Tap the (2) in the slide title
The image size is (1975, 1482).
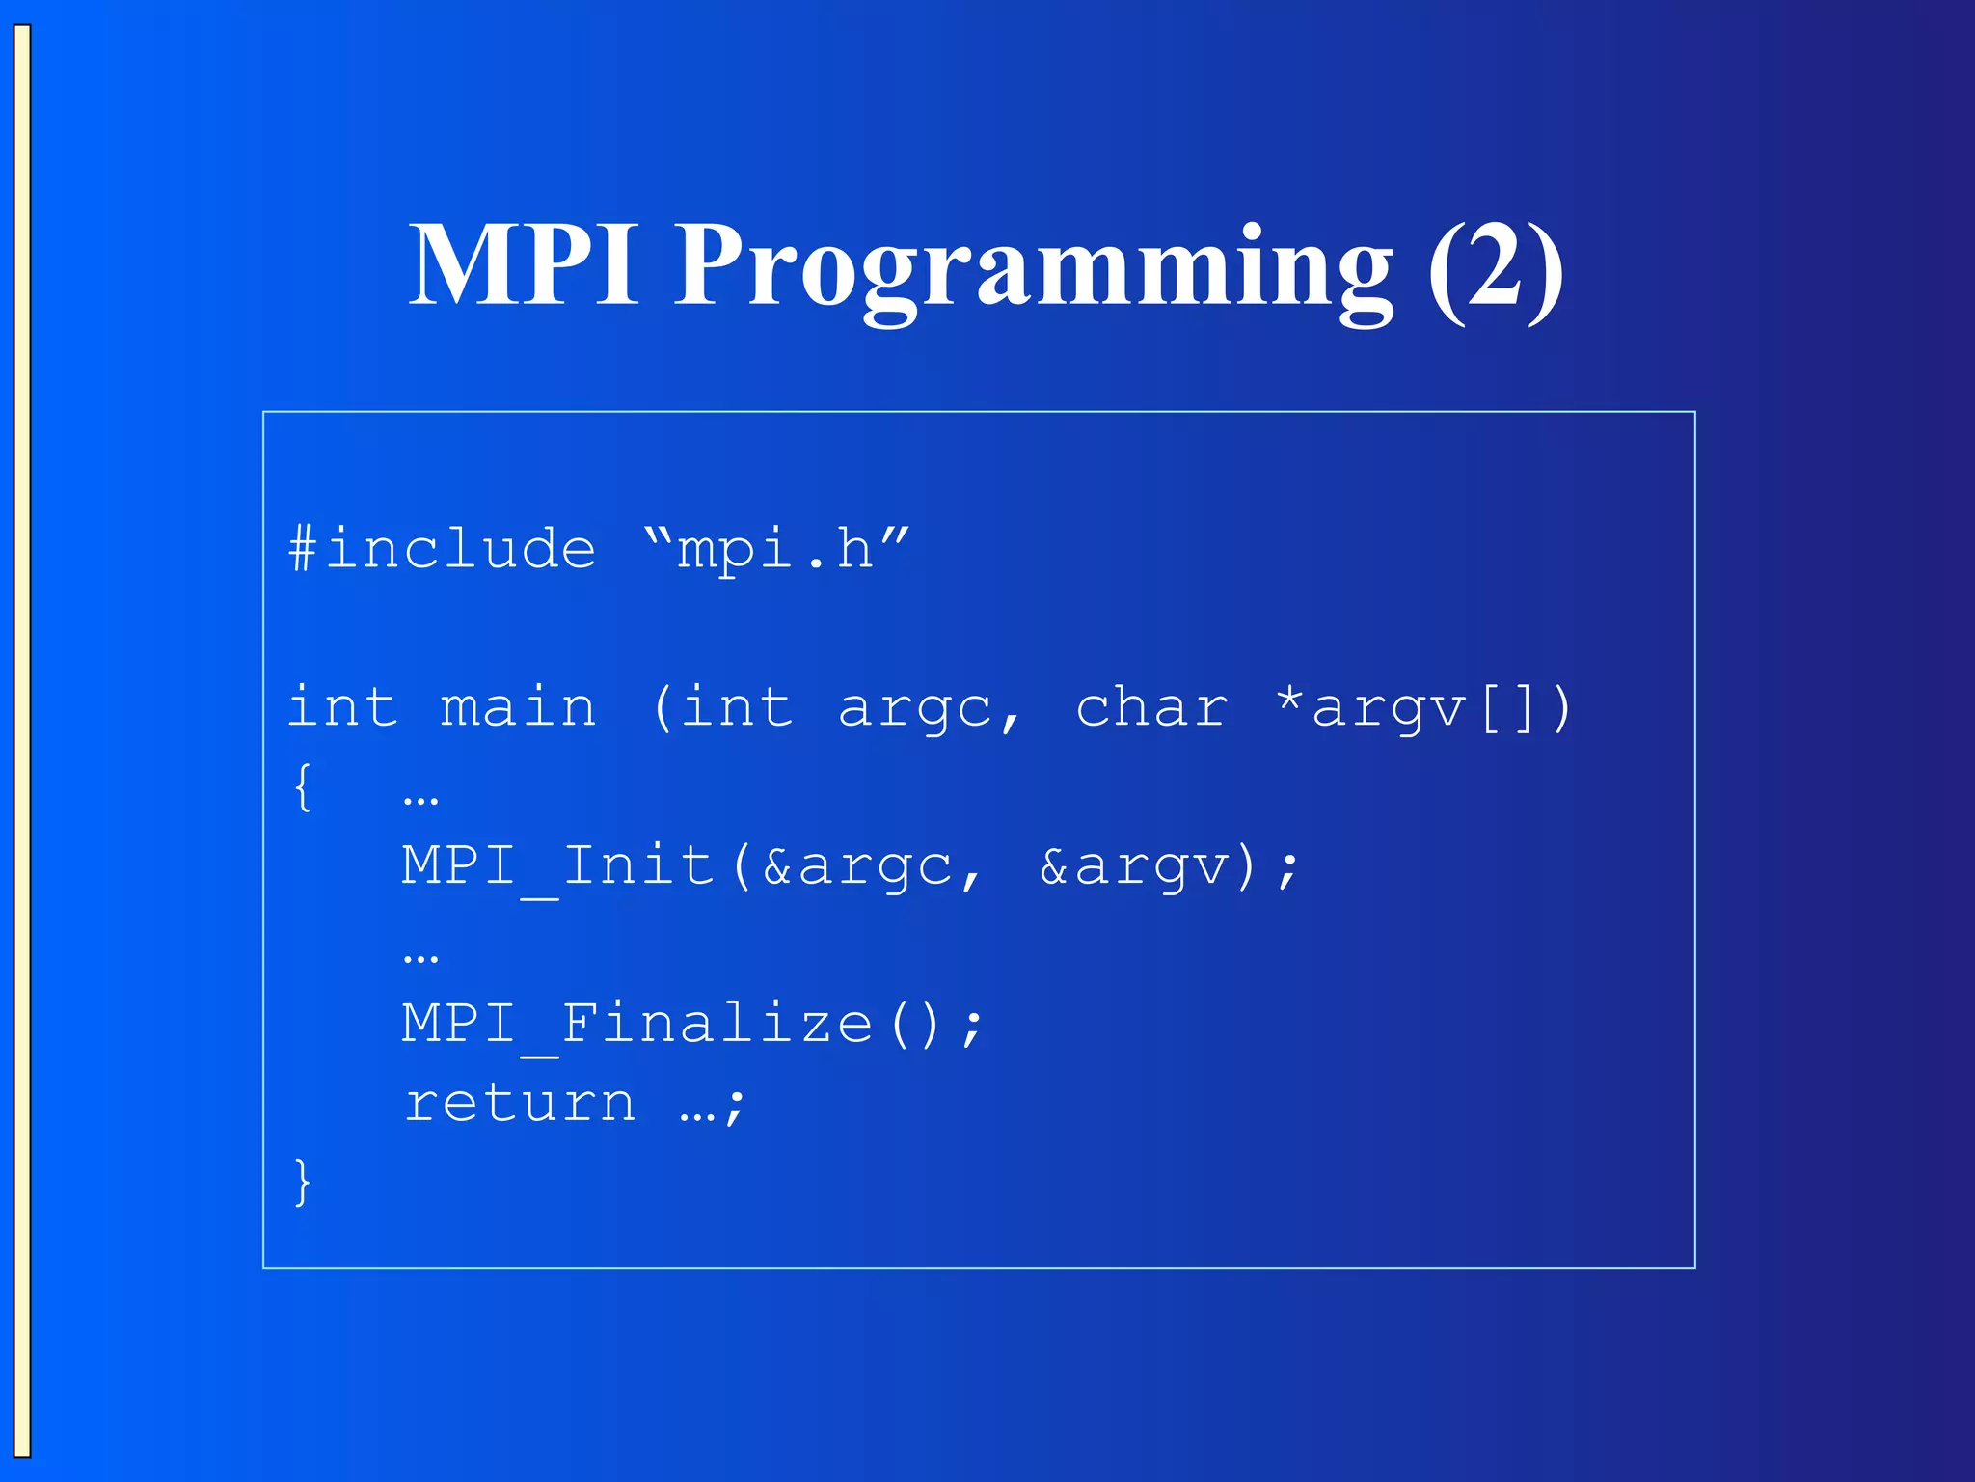(1495, 265)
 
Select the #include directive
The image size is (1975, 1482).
(443, 550)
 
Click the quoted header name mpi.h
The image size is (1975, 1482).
(776, 550)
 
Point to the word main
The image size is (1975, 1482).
(519, 707)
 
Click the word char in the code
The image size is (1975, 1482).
(1151, 707)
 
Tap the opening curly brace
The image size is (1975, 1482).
(302, 786)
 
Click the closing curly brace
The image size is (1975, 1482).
(302, 1181)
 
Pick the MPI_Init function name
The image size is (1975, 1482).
(557, 865)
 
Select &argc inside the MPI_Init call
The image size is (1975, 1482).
(857, 865)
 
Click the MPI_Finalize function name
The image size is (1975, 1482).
(637, 1024)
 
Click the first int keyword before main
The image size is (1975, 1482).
(342, 707)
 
